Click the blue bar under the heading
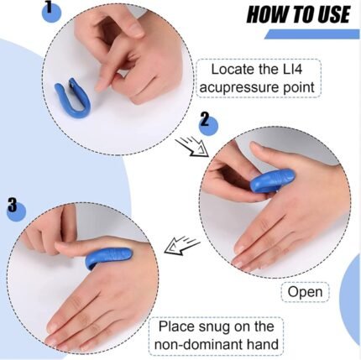point(313,34)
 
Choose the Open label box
point(304,292)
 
